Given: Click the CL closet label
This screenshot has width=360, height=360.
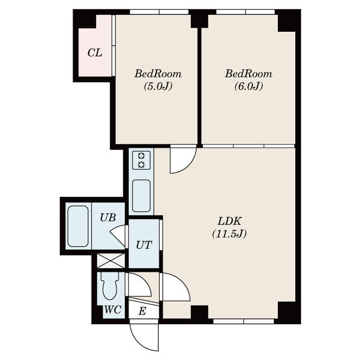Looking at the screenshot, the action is (95, 53).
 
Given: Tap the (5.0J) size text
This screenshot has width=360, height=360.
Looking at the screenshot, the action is (158, 86).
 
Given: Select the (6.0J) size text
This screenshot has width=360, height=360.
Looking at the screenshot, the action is (248, 86).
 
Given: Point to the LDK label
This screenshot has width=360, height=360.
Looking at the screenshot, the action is (229, 221).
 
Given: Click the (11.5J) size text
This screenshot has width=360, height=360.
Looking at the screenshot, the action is (229, 234).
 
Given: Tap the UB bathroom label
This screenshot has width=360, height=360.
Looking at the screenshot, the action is (107, 217).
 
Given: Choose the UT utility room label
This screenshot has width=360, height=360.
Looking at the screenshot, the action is (144, 245).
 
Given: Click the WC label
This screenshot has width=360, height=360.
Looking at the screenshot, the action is (113, 310).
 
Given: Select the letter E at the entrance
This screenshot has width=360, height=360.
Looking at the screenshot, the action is (142, 311).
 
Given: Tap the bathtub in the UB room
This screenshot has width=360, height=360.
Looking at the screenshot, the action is (78, 226).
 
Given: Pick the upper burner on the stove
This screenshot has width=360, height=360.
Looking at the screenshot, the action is (141, 156).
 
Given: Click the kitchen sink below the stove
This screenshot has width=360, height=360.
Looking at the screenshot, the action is (141, 196).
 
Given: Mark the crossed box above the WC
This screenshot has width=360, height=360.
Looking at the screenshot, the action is (111, 260).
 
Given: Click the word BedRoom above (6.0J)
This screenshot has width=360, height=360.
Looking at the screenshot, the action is (248, 74).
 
